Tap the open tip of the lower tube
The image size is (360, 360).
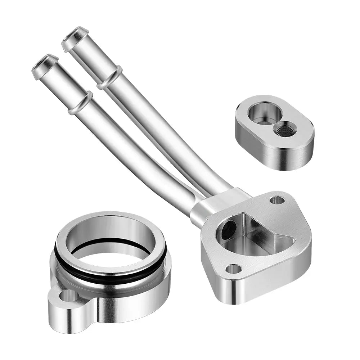45,63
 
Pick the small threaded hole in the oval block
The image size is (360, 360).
284,129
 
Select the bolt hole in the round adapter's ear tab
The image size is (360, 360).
68,296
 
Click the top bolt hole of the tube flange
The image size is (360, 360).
277,200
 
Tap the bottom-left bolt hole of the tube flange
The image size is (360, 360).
234,268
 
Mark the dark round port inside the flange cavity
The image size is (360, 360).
228,230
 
